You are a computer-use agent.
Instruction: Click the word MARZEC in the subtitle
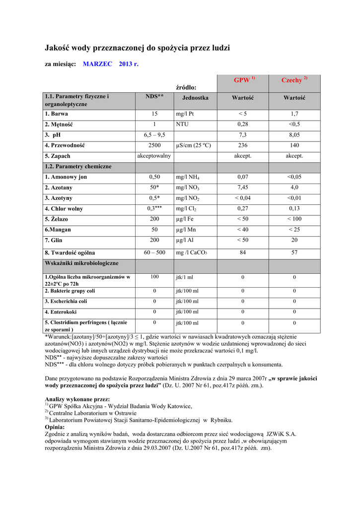tap(97, 64)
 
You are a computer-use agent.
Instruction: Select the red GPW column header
tap(243, 80)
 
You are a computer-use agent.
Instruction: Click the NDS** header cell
tap(154, 96)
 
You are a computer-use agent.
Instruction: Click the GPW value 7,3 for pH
tap(243, 135)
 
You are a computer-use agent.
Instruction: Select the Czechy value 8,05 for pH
tap(294, 135)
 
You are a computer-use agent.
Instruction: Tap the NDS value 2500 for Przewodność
tap(154, 145)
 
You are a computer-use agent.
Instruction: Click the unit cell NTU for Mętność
tap(182, 124)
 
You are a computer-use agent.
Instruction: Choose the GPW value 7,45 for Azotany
tap(243, 188)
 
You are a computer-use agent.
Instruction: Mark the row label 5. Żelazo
tap(56, 219)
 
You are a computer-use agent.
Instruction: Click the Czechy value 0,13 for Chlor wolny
tap(294, 208)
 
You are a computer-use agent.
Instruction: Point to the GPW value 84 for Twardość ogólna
tap(243, 253)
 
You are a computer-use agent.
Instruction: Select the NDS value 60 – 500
tap(154, 253)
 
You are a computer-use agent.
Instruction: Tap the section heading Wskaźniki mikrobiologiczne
tap(81, 263)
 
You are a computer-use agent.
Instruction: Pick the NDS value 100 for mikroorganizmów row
tap(154, 277)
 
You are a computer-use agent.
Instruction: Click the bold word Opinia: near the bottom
tap(55, 427)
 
